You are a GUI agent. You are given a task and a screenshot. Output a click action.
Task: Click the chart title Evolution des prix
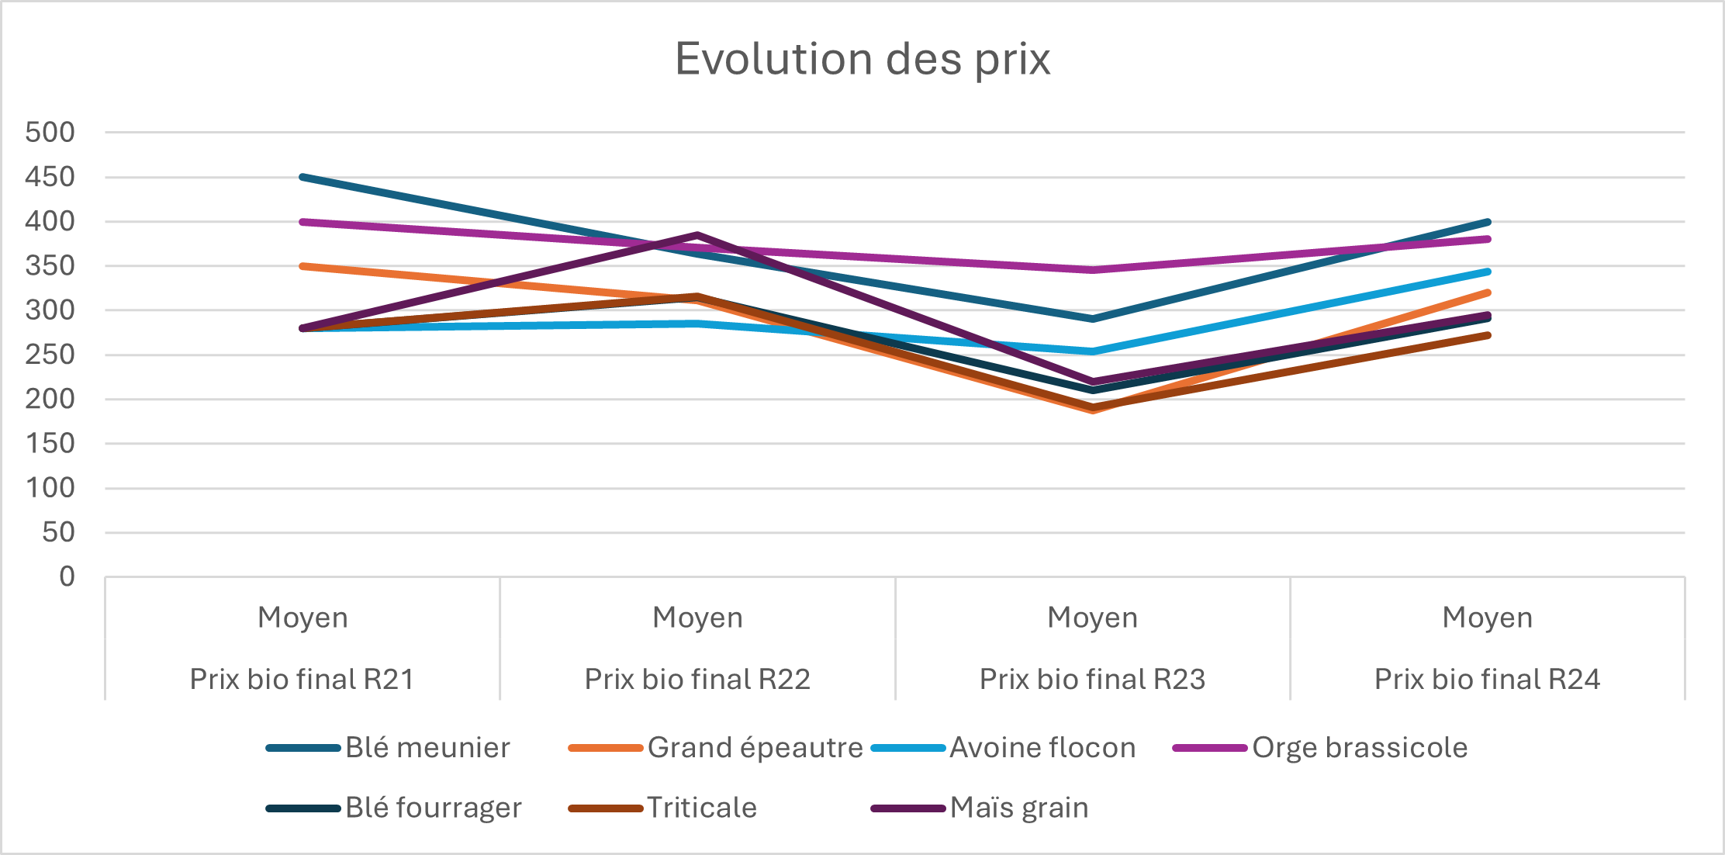click(862, 59)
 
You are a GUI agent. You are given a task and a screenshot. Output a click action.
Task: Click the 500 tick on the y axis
click(50, 133)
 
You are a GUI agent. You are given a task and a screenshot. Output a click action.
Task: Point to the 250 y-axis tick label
click(50, 355)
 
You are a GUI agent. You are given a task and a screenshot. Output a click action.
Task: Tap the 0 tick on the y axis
click(67, 577)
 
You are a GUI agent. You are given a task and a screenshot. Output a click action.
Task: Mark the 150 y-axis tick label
click(50, 444)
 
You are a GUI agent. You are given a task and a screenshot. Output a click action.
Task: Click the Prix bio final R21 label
click(302, 680)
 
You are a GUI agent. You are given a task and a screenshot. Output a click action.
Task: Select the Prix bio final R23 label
click(1092, 680)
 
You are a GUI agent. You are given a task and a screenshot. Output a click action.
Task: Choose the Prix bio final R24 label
click(1487, 680)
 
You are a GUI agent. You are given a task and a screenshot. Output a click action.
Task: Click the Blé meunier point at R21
click(302, 177)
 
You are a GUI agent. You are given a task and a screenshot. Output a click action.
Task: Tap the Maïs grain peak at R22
click(697, 234)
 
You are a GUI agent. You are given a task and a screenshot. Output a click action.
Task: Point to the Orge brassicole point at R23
click(1092, 270)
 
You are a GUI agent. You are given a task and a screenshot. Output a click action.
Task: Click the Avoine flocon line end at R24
click(1487, 272)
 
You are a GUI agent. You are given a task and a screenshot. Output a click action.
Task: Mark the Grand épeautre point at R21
click(302, 266)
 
